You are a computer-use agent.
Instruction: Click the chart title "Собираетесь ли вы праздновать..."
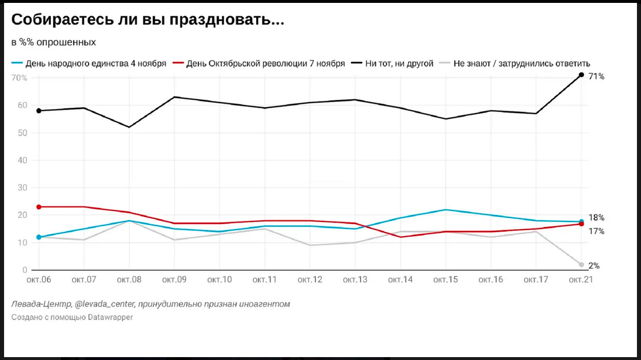pos(148,20)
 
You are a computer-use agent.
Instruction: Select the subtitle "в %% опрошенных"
pos(53,42)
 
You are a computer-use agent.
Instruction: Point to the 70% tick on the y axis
pos(19,78)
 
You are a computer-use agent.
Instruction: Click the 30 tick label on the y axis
pos(22,188)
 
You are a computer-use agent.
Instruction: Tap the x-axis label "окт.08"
pos(129,280)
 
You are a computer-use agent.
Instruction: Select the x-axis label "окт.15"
pos(446,280)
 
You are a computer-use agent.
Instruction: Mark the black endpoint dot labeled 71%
pos(581,75)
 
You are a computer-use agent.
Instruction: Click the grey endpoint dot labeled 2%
pos(581,265)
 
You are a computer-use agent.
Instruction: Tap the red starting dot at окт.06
pos(39,207)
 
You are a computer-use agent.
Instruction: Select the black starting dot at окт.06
pos(39,111)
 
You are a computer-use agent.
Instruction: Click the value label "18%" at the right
pos(597,217)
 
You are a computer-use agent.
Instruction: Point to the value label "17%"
pos(597,231)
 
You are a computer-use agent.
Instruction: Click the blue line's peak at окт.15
pos(446,210)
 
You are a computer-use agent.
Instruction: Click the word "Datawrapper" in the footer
pos(110,317)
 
